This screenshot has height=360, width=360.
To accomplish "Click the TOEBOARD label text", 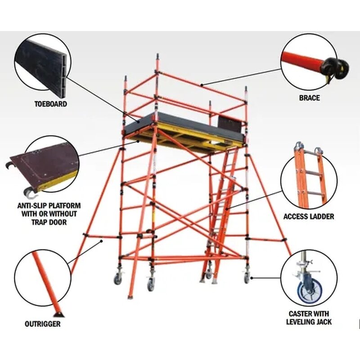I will pos(50,104).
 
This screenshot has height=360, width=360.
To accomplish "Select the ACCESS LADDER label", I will pos(309,216).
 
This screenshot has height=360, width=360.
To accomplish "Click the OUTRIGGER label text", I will pos(43,324).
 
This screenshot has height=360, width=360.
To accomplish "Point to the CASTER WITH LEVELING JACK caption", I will pos(309,318).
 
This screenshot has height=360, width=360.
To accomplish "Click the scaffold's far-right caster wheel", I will pos(247,279).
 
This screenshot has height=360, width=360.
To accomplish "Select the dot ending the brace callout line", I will pos(202,85).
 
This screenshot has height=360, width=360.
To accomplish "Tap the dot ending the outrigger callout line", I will pos(103,241).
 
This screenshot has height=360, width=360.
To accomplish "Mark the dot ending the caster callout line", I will pos(252,277).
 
